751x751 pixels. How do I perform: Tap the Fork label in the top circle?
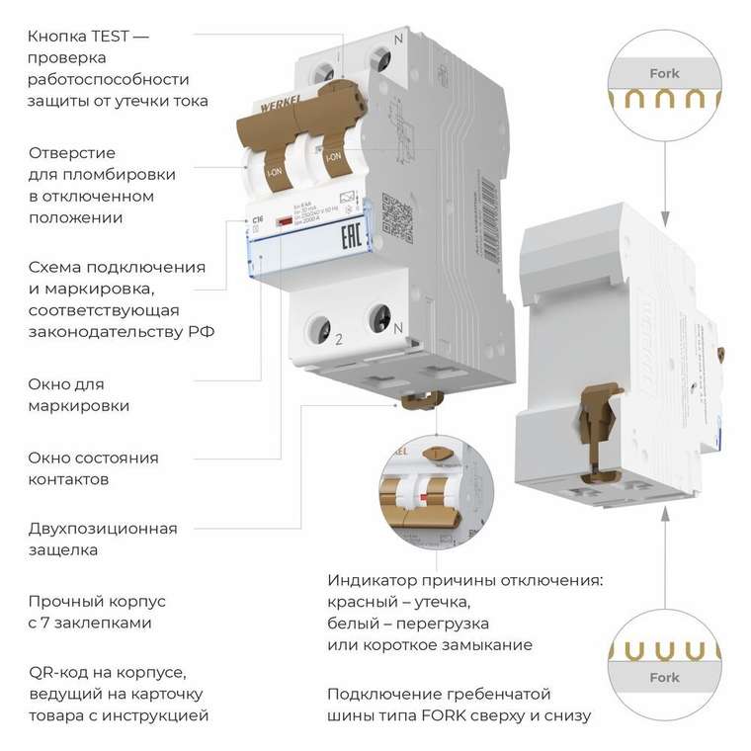pos(664,73)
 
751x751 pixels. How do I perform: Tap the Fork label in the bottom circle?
pos(664,678)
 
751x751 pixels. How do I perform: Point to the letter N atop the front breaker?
pos(398,40)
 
